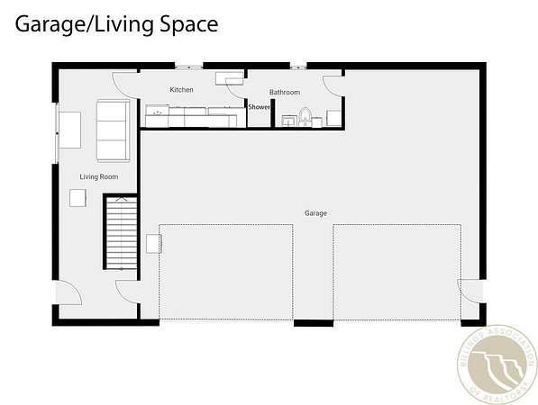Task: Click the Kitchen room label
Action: pyautogui.click(x=181, y=90)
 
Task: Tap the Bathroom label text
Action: pyautogui.click(x=285, y=92)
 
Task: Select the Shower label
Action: pyautogui.click(x=259, y=107)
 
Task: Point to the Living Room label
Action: pyautogui.click(x=99, y=176)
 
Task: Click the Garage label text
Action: pyautogui.click(x=315, y=213)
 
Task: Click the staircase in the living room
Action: pyautogui.click(x=121, y=232)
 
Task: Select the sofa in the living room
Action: pyautogui.click(x=113, y=130)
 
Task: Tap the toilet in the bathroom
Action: pyautogui.click(x=305, y=116)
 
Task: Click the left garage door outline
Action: pyautogui.click(x=226, y=224)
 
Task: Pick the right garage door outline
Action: pyautogui.click(x=397, y=224)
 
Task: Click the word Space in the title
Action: pyautogui.click(x=189, y=24)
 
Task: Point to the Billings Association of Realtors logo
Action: pyautogui.click(x=497, y=364)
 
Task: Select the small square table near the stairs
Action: pyautogui.click(x=78, y=198)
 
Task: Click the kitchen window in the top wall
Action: pyautogui.click(x=188, y=67)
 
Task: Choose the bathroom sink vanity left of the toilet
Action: pyautogui.click(x=289, y=121)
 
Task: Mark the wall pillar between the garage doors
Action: pyautogui.click(x=314, y=323)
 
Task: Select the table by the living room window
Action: pyautogui.click(x=69, y=130)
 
